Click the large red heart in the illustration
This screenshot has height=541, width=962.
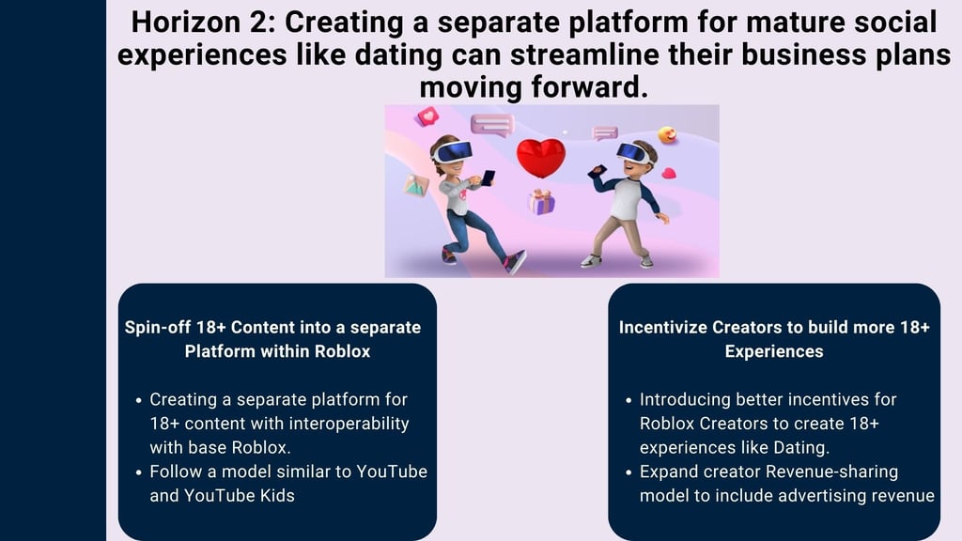click(x=540, y=157)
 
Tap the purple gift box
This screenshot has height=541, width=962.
click(x=541, y=202)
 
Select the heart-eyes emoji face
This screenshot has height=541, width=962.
click(x=667, y=134)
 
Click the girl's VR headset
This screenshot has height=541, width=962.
click(x=453, y=151)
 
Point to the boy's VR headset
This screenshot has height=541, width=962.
click(x=632, y=153)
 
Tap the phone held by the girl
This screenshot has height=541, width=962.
click(x=488, y=178)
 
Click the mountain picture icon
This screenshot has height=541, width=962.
click(x=416, y=185)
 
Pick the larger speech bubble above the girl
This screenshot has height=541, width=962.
click(x=492, y=125)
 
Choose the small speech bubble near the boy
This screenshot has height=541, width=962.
click(x=605, y=132)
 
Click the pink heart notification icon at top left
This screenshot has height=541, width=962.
click(x=427, y=116)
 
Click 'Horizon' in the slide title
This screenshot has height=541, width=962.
click(x=186, y=23)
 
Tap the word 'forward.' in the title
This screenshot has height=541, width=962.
click(x=590, y=86)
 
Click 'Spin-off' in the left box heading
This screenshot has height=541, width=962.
click(x=158, y=327)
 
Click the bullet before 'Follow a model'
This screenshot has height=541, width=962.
click(x=139, y=472)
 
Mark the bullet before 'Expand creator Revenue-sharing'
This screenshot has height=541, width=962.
click(x=628, y=472)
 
